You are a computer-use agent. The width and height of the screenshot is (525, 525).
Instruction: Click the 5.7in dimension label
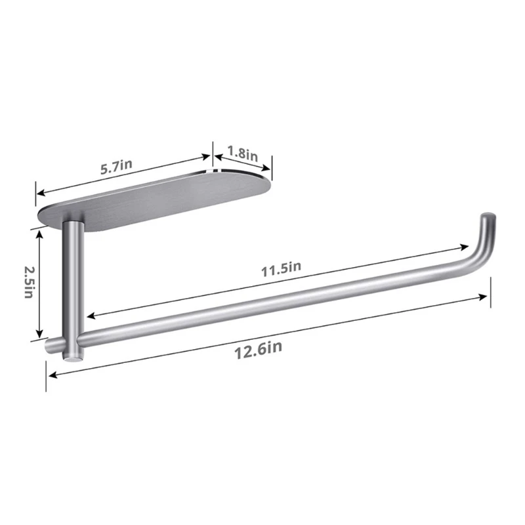tap(117, 167)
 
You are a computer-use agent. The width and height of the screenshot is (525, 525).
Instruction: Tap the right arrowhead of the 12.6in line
tap(486, 297)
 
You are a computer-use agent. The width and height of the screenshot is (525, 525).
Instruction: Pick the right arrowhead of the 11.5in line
tap(465, 248)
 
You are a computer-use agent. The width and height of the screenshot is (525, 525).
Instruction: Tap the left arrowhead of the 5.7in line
tap(40, 194)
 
